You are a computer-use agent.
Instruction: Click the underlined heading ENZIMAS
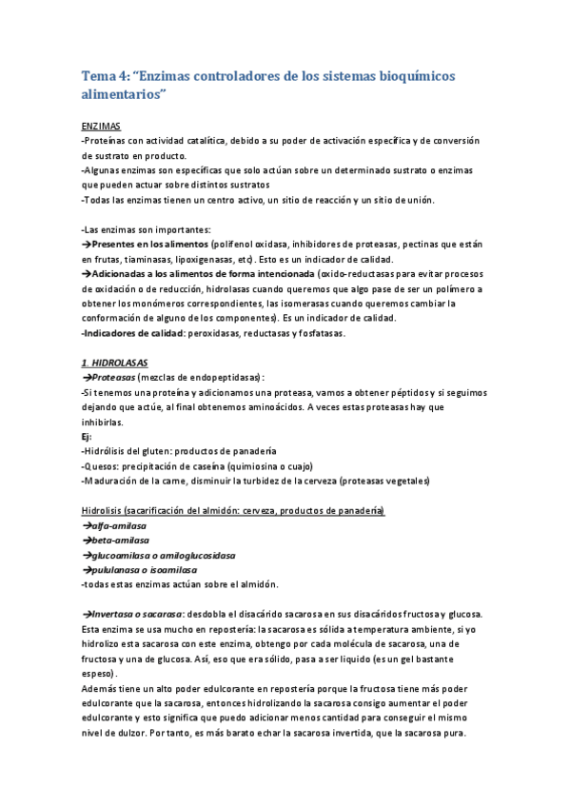tap(101, 127)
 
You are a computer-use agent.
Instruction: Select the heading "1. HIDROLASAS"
tap(115, 364)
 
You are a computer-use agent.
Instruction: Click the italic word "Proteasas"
tap(112, 378)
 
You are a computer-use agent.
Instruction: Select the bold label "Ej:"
tap(87, 436)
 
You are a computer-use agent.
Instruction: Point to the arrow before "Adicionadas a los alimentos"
tap(86, 274)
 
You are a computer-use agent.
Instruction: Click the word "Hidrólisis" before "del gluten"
tap(106, 451)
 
